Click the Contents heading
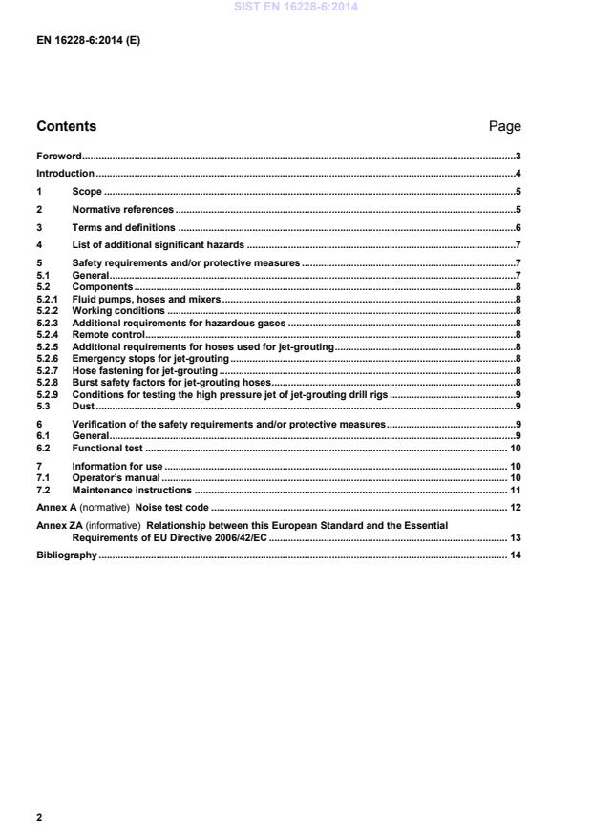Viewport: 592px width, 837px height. tap(66, 126)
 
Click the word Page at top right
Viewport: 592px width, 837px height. tap(504, 126)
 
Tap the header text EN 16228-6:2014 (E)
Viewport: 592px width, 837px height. tap(88, 42)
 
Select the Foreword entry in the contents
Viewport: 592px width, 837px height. tap(58, 156)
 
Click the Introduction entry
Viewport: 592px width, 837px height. tap(65, 174)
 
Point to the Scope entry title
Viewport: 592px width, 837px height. tap(87, 192)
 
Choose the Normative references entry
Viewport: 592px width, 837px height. tap(123, 210)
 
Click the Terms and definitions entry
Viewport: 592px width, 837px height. tap(124, 228)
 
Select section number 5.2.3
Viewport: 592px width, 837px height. tap(48, 324)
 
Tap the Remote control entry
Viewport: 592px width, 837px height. tap(108, 335)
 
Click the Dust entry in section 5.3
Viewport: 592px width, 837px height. tap(83, 406)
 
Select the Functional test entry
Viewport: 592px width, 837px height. tap(108, 447)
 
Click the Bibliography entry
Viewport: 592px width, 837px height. tap(66, 555)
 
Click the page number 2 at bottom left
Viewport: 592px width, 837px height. tap(39, 818)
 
